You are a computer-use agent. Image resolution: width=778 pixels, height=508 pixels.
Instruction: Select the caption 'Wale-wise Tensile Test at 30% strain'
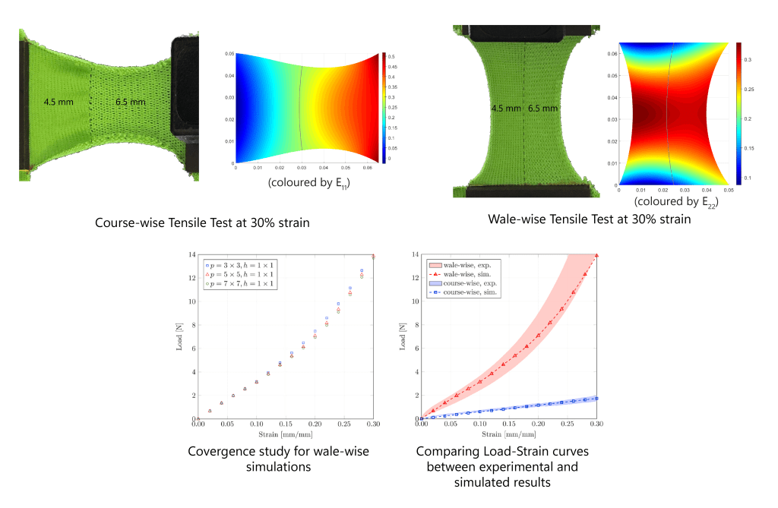(x=589, y=219)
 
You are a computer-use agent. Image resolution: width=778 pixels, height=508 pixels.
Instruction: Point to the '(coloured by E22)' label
(x=676, y=202)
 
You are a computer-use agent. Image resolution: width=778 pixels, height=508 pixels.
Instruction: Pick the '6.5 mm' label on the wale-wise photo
(x=542, y=108)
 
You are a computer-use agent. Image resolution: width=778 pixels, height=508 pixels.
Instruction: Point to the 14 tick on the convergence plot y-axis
(x=191, y=254)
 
